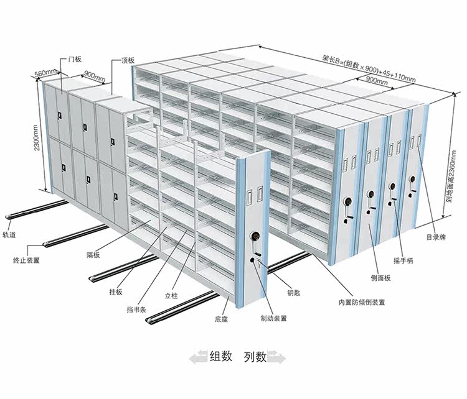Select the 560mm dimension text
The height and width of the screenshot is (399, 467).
pos(45,73)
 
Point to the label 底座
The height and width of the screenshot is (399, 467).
pos(221,319)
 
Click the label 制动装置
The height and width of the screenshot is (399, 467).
pos(274,318)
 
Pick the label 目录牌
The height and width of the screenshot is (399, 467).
pos(436,237)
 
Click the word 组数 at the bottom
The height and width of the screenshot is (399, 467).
pos(221,356)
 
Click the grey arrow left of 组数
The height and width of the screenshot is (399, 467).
pos(199,357)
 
